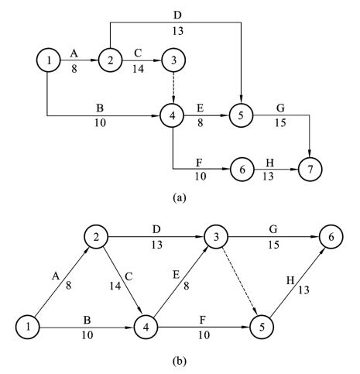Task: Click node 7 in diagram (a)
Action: click(x=310, y=170)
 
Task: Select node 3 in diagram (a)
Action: click(x=173, y=60)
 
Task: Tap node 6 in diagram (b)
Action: click(x=331, y=237)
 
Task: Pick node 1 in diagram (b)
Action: click(x=28, y=328)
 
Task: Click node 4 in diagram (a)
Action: click(x=173, y=115)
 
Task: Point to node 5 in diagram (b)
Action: click(x=262, y=328)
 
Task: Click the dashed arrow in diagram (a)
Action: click(x=173, y=87)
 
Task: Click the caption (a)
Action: click(x=180, y=197)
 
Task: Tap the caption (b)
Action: click(x=180, y=361)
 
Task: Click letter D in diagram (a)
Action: click(x=177, y=15)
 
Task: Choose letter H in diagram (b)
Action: click(x=290, y=280)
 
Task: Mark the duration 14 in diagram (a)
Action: click(x=138, y=69)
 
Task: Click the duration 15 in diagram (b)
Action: click(x=273, y=245)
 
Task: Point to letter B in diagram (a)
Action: click(x=100, y=108)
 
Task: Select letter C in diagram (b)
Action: click(x=129, y=276)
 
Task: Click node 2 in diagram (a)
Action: click(x=110, y=60)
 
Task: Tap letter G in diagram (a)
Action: click(x=280, y=108)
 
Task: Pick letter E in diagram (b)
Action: click(x=176, y=275)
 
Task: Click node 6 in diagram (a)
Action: click(x=242, y=170)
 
